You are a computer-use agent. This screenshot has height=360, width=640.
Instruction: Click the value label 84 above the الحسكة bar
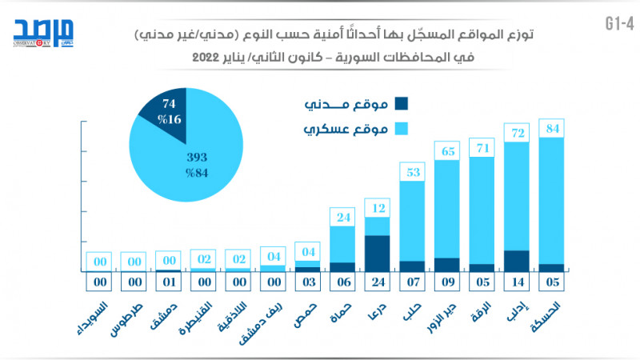pyautogui.click(x=551, y=128)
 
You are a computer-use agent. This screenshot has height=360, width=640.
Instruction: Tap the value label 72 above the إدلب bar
pyautogui.click(x=516, y=132)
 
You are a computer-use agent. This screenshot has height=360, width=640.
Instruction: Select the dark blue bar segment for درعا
pyautogui.click(x=377, y=253)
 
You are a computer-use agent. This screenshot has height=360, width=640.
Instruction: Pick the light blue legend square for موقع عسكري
pyautogui.click(x=402, y=128)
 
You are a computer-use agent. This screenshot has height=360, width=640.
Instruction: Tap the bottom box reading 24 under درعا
pyautogui.click(x=377, y=282)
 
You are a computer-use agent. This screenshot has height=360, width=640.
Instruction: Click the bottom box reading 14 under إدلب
pyautogui.click(x=516, y=282)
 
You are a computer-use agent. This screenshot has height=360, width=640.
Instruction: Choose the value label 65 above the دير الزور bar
pyautogui.click(x=446, y=150)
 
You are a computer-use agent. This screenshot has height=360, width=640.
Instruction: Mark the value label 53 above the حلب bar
pyautogui.click(x=412, y=172)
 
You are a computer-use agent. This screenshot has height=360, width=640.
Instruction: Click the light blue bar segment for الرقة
pyautogui.click(x=481, y=210)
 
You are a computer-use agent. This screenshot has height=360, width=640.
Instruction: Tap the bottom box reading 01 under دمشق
pyautogui.click(x=168, y=282)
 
